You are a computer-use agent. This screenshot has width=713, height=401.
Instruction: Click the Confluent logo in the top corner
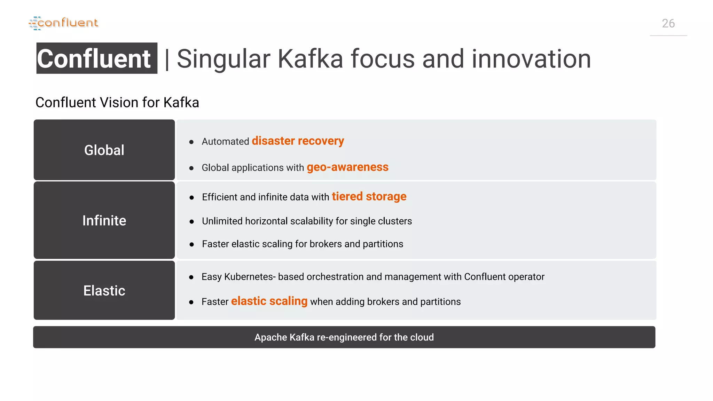pyautogui.click(x=64, y=23)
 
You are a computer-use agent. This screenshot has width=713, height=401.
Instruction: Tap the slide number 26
pyautogui.click(x=668, y=24)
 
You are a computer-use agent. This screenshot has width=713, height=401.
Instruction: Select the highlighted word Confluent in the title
pyautogui.click(x=94, y=58)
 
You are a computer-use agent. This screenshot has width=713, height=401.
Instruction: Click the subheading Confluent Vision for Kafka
pyautogui.click(x=117, y=103)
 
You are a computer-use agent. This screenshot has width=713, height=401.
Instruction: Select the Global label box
pyautogui.click(x=104, y=150)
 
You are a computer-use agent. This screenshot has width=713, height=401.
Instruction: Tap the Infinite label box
pyautogui.click(x=104, y=220)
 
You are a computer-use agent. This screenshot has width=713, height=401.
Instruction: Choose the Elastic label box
pyautogui.click(x=104, y=290)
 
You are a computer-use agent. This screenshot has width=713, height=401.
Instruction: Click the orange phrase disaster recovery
pyautogui.click(x=298, y=141)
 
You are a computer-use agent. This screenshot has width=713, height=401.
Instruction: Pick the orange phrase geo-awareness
pyautogui.click(x=347, y=167)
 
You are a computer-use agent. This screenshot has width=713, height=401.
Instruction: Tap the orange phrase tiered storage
pyautogui.click(x=369, y=196)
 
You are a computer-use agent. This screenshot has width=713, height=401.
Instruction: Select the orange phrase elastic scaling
pyautogui.click(x=269, y=301)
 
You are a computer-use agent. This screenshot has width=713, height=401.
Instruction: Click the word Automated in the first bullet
pyautogui.click(x=225, y=142)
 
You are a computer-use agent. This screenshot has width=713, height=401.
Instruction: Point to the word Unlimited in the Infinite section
pyautogui.click(x=222, y=221)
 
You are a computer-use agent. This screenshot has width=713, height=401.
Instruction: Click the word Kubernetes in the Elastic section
pyautogui.click(x=248, y=277)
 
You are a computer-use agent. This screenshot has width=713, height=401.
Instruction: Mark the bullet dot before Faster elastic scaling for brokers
pyautogui.click(x=191, y=245)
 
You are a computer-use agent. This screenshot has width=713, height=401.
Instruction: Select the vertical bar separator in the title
pyautogui.click(x=167, y=59)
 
